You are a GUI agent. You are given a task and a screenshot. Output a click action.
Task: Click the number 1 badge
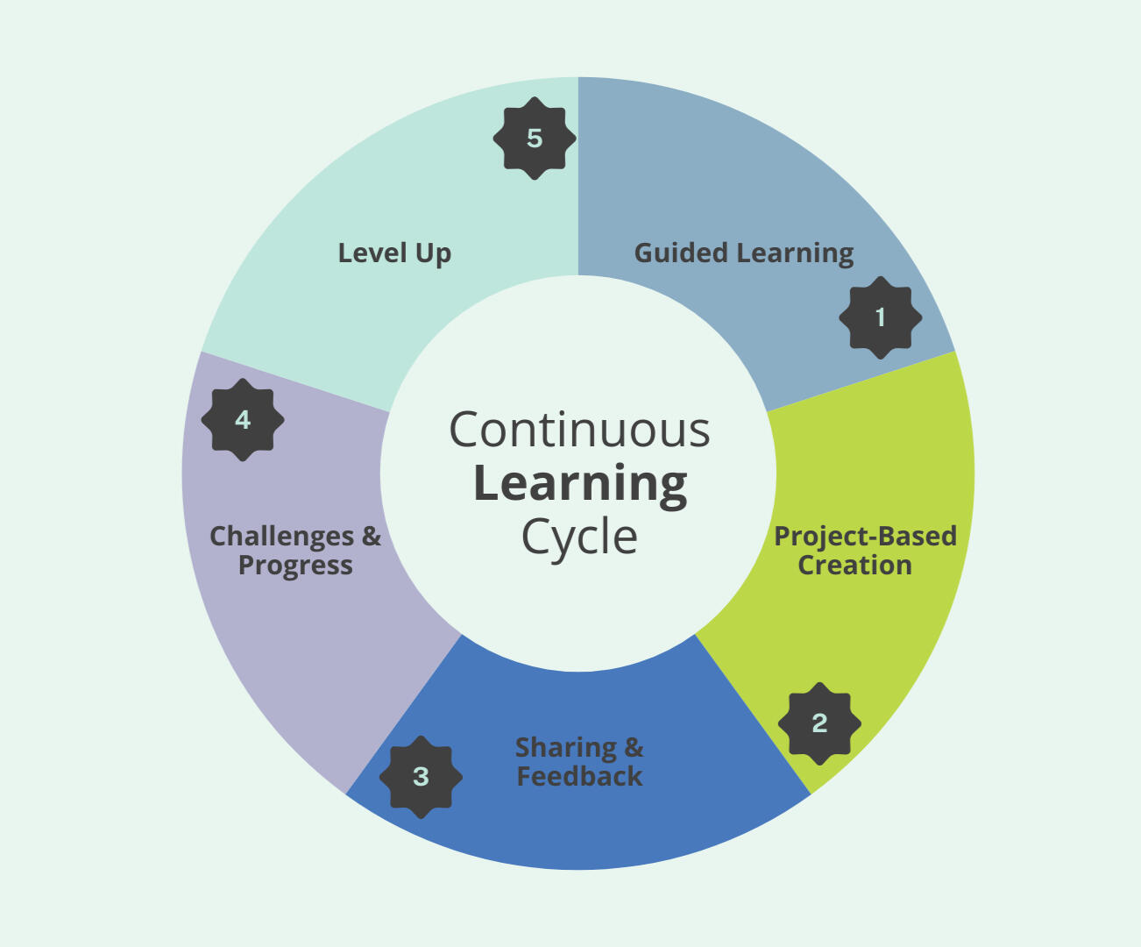click(x=881, y=317)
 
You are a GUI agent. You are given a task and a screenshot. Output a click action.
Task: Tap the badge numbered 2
click(x=819, y=723)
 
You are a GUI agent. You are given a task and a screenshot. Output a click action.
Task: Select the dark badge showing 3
click(x=422, y=777)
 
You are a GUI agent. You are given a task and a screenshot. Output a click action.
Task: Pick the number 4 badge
click(x=243, y=420)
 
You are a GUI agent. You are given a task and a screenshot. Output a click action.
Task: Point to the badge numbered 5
click(x=535, y=139)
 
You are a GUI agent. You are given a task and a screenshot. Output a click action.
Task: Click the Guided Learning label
click(x=743, y=253)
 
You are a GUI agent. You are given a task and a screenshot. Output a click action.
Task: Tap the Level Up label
click(x=394, y=253)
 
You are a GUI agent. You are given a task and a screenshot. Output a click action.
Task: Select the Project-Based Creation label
click(x=864, y=551)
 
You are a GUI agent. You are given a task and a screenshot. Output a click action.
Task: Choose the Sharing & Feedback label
click(x=579, y=762)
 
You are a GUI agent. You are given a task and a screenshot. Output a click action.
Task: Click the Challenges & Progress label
click(x=295, y=551)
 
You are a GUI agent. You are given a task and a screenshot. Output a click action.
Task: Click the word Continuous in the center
click(x=579, y=430)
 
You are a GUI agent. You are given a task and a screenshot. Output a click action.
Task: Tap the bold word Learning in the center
click(x=580, y=484)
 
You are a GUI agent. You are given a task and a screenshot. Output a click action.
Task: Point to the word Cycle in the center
click(x=579, y=537)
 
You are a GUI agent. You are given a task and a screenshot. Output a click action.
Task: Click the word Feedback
click(x=579, y=777)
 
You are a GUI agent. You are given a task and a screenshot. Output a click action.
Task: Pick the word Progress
click(x=295, y=566)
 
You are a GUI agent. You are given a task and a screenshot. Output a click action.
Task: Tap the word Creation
click(x=854, y=566)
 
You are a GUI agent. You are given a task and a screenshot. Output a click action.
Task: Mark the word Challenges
click(x=281, y=536)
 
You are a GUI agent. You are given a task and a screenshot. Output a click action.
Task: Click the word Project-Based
click(x=865, y=536)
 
